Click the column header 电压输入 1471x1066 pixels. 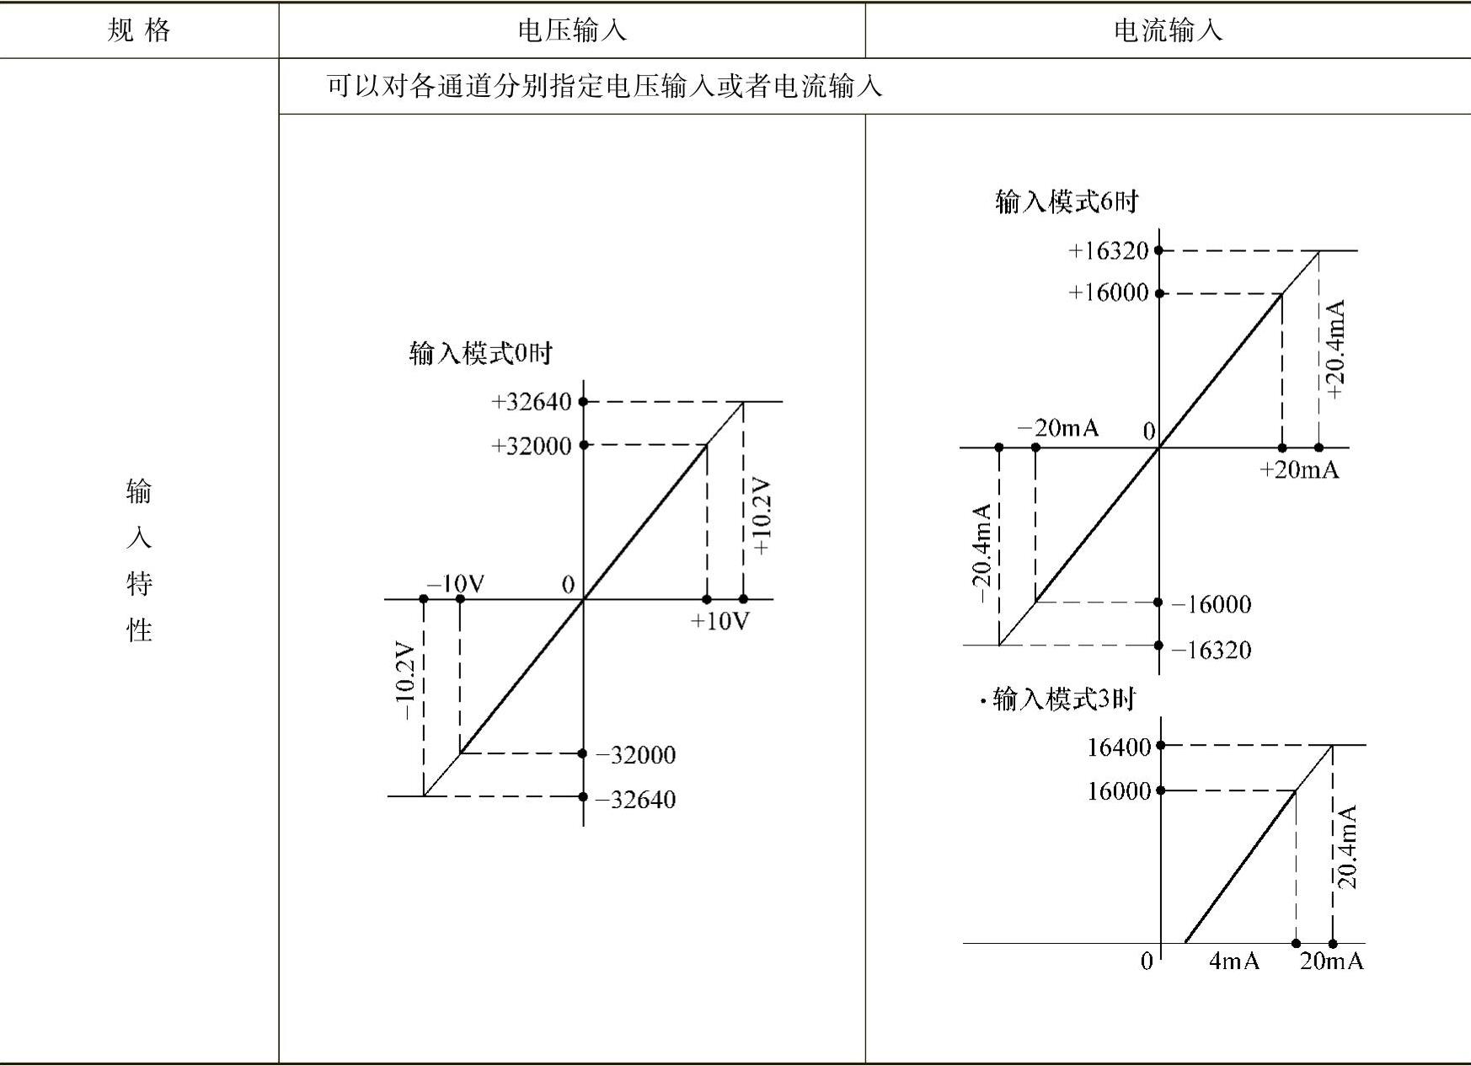tap(571, 31)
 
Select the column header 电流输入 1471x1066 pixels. tap(1167, 31)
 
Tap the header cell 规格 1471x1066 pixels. tap(139, 31)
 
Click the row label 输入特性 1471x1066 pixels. tap(139, 560)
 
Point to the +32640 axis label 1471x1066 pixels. tap(532, 402)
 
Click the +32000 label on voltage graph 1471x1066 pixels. tap(532, 446)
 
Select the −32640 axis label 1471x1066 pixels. tap(636, 799)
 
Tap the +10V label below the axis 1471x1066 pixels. tap(719, 622)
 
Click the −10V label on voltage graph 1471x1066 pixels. tap(456, 584)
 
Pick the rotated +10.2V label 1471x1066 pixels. tap(762, 517)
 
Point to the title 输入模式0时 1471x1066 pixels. tap(480, 353)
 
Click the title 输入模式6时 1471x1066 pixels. tap(1067, 202)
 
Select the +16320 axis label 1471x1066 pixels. tap(1109, 251)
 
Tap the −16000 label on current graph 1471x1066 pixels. tap(1212, 604)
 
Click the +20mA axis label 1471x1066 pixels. tap(1298, 470)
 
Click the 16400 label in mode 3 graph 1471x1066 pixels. tap(1119, 747)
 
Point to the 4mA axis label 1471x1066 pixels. tap(1233, 962)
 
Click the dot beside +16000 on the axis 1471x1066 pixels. tap(1159, 293)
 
